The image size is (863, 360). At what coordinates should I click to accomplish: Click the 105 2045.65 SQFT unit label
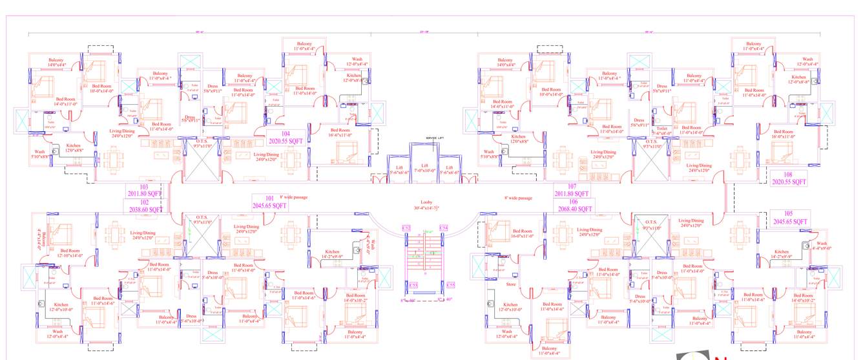click(789, 218)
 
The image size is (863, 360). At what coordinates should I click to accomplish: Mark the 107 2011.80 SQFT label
click(571, 189)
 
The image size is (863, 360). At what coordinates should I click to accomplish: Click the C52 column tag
click(406, 228)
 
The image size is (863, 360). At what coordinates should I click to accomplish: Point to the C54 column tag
click(443, 228)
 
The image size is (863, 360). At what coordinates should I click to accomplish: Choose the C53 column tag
click(413, 284)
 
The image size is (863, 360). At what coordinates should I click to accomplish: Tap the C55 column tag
click(450, 284)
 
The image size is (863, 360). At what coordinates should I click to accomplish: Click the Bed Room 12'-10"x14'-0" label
click(70, 253)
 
